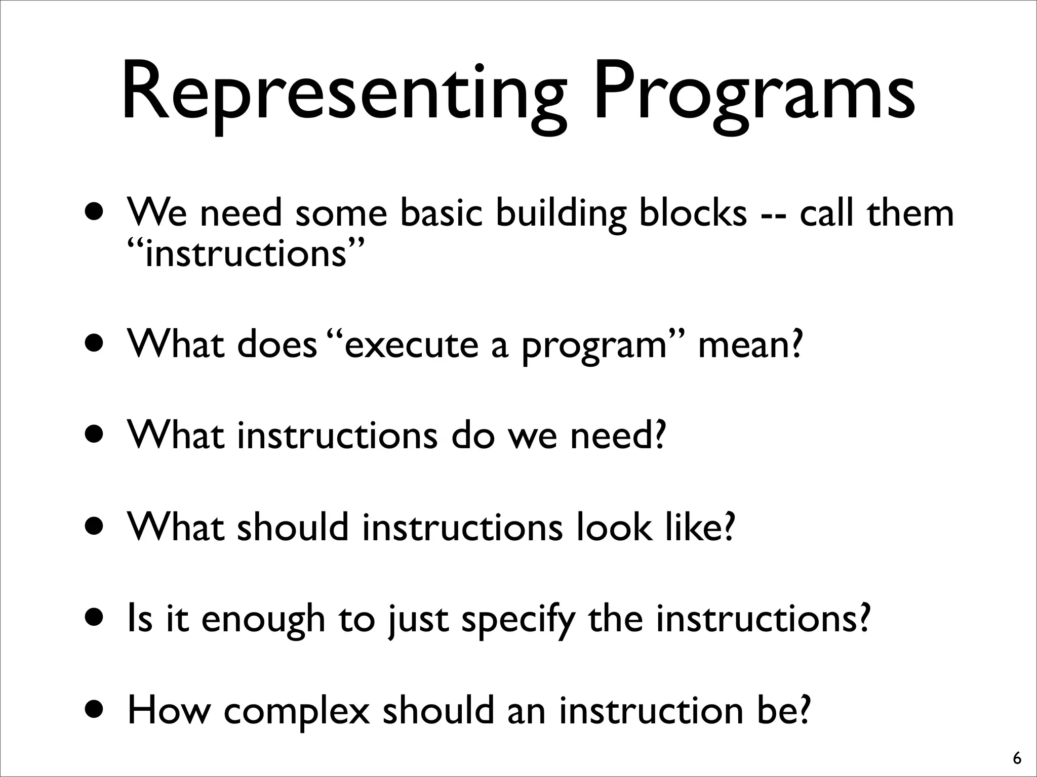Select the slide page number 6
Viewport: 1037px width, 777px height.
coord(1017,759)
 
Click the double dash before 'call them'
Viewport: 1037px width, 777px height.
coord(773,215)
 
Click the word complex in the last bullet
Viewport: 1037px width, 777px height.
coord(296,711)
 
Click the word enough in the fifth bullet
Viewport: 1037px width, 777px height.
coord(263,620)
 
